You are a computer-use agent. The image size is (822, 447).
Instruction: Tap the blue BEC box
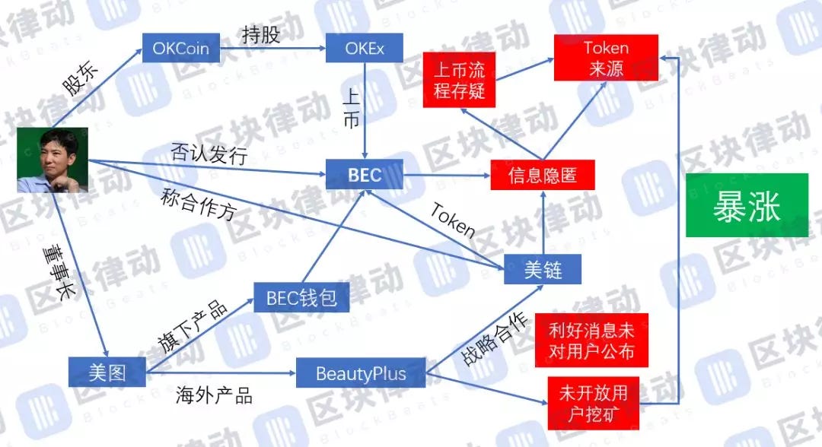tap(364, 175)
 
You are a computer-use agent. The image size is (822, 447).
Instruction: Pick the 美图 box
tap(107, 372)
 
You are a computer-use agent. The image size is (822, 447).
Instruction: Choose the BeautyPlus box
tap(361, 373)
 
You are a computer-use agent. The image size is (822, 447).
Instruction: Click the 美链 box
tap(543, 268)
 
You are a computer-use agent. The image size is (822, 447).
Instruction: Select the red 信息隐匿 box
tap(543, 176)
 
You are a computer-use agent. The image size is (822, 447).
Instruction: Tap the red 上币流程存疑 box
tap(459, 83)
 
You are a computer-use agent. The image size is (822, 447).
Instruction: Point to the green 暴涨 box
tap(747, 205)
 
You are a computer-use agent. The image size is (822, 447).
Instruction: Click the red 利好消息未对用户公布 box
tap(591, 342)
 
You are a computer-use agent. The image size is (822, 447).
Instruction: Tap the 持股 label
tap(260, 35)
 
